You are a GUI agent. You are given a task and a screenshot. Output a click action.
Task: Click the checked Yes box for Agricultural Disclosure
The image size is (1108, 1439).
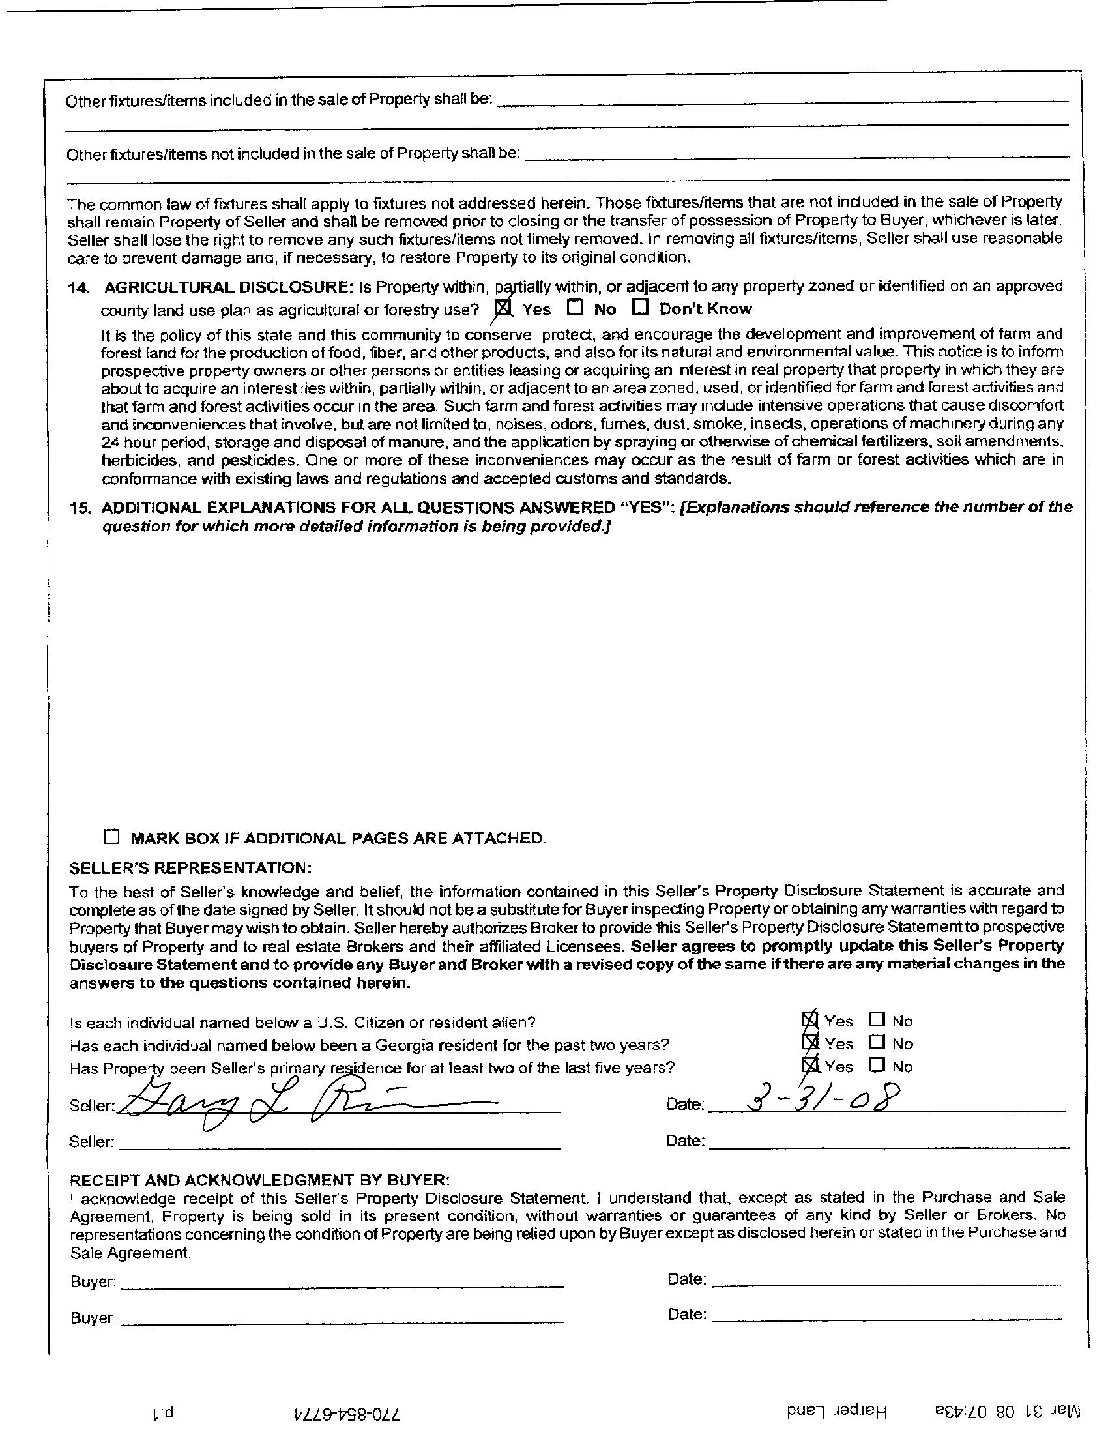[503, 308]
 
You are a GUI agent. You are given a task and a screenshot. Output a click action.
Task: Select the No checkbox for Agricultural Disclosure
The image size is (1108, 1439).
[575, 307]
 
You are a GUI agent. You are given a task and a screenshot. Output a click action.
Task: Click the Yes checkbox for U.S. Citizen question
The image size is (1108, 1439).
[810, 1021]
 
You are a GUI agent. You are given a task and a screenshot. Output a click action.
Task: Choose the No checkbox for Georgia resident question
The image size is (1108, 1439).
[876, 1043]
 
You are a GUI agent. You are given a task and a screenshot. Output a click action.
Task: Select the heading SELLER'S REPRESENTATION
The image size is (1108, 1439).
[191, 866]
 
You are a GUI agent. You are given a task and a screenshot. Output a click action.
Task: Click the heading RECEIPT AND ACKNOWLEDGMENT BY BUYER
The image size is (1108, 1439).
[260, 1179]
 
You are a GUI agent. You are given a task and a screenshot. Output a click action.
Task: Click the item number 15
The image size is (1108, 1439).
[80, 507]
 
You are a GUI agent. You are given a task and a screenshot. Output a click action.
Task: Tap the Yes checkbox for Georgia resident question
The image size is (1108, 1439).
[810, 1043]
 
